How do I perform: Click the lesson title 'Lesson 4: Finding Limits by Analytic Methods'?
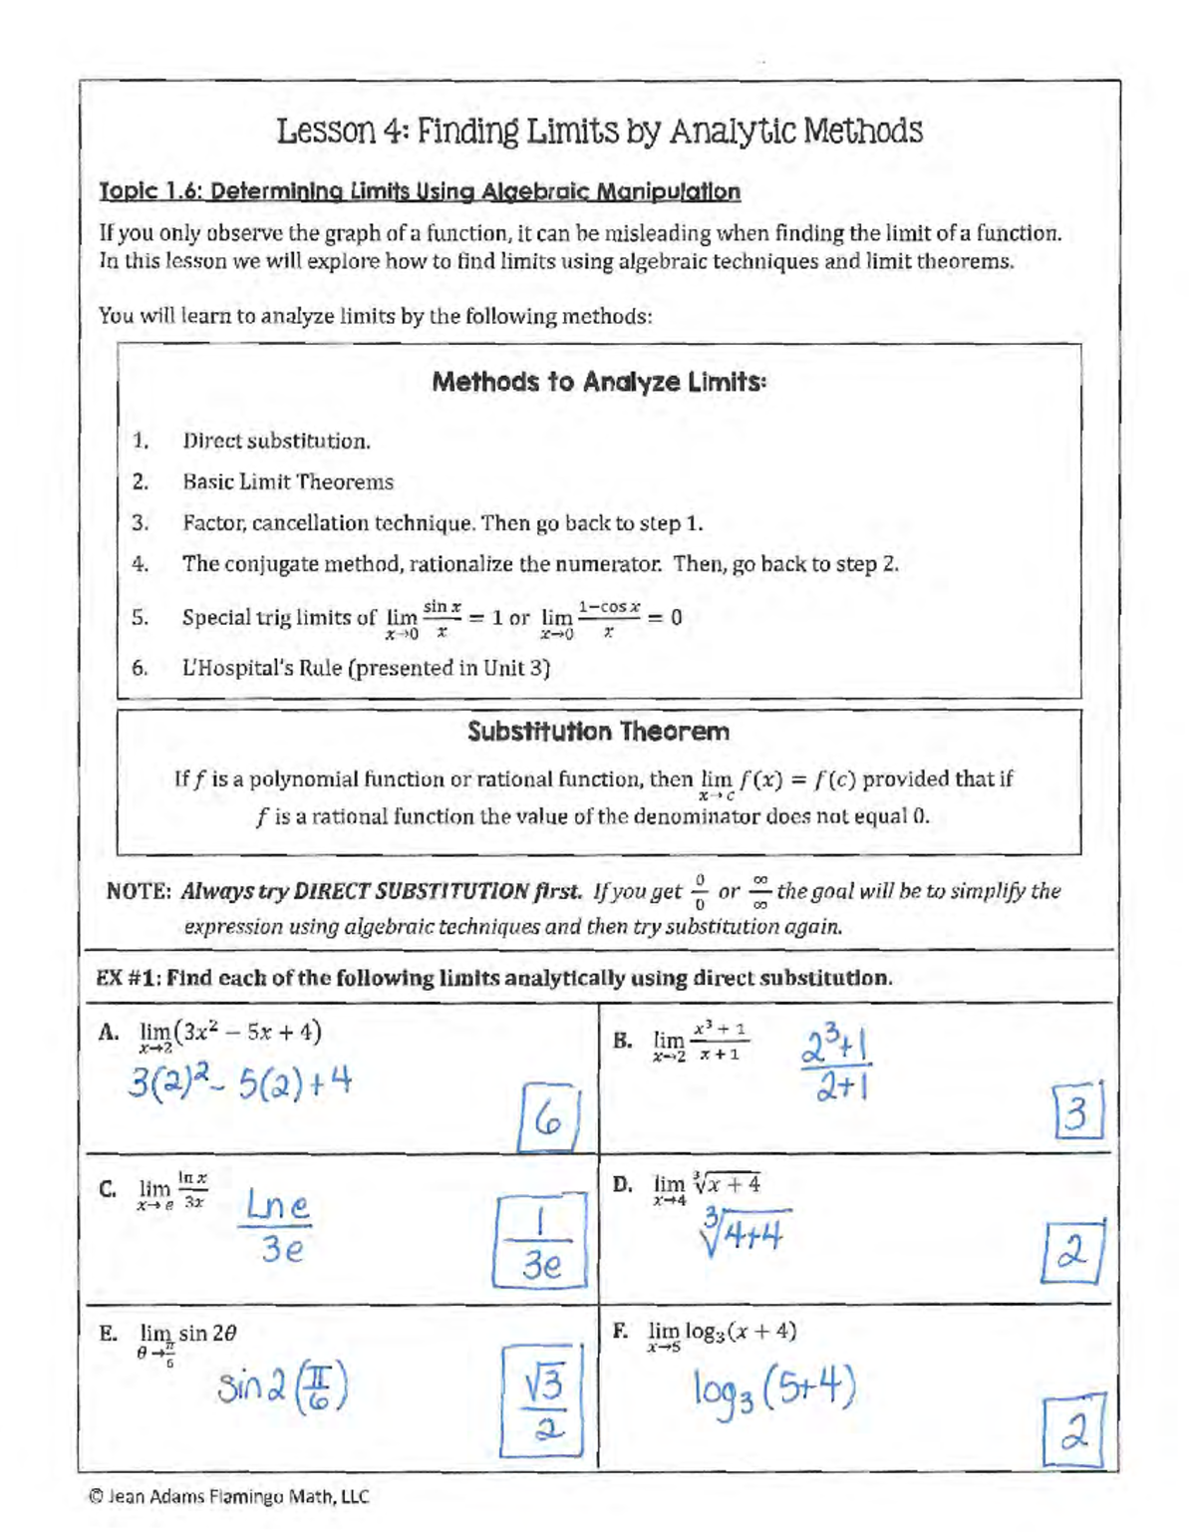599,131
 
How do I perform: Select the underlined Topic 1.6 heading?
420,191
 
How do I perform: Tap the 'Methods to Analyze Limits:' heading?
599,382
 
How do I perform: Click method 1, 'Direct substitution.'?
276,441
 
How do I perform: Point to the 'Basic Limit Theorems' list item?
287,482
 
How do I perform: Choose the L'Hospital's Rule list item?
366,668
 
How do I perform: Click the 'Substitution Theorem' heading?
599,732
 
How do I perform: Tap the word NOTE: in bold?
140,891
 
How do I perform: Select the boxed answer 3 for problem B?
1078,1112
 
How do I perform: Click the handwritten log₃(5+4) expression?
773,1390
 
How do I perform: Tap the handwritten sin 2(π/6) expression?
282,1388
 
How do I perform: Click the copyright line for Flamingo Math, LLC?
228,1496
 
